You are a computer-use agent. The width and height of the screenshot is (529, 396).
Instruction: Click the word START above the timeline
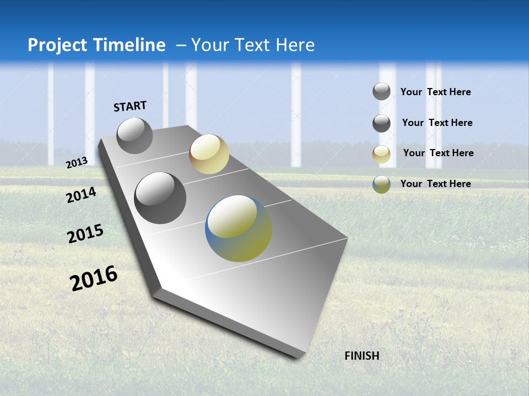click(130, 106)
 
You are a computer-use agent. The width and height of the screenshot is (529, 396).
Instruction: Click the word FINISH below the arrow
click(361, 356)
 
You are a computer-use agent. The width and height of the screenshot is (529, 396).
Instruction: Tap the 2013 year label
click(77, 162)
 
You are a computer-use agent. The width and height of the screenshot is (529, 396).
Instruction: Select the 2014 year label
click(81, 195)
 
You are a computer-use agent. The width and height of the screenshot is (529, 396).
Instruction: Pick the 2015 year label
click(85, 234)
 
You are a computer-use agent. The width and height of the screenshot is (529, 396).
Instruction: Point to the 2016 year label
click(94, 278)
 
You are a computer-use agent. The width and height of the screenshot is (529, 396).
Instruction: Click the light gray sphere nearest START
click(134, 135)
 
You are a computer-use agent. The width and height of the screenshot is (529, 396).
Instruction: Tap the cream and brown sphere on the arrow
click(209, 154)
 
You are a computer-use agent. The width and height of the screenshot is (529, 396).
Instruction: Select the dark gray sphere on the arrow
click(160, 198)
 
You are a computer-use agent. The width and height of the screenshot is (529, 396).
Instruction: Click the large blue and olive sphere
click(239, 228)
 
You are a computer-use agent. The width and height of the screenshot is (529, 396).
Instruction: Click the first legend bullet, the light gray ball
click(381, 92)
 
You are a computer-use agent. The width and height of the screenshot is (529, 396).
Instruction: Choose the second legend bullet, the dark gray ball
click(381, 123)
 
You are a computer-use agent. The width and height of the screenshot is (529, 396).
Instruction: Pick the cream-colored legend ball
click(381, 154)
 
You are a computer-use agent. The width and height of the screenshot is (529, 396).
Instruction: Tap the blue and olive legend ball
click(381, 184)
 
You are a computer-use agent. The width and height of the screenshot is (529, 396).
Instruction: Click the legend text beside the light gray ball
click(435, 92)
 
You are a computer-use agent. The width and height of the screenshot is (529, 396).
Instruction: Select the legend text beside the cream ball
click(438, 153)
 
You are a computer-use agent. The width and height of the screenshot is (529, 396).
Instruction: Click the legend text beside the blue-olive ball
click(435, 184)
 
